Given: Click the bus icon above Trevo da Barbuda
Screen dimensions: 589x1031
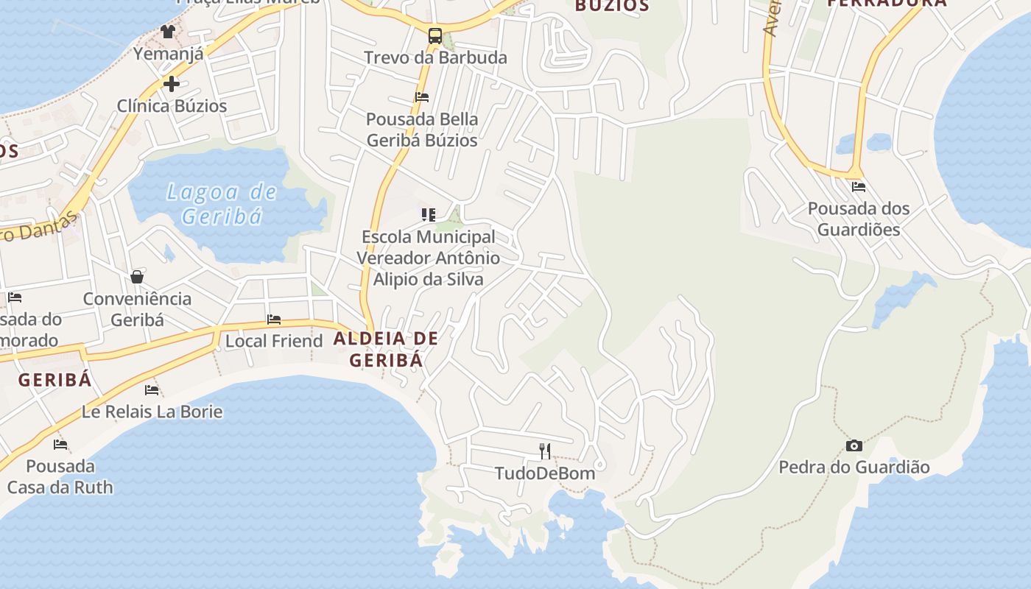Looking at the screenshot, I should coord(435,35).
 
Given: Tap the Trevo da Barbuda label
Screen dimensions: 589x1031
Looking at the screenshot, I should coord(435,57).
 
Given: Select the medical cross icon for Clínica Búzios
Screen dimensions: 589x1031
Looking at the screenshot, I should coord(172,84).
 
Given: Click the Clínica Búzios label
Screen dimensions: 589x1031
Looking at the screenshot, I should coord(172,106).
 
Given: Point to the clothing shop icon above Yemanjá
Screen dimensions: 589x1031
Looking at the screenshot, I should coord(168,32).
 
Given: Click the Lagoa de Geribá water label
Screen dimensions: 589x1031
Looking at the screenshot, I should coord(222,204).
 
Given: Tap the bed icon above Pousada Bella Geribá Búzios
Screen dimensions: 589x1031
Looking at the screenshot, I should coord(422,96).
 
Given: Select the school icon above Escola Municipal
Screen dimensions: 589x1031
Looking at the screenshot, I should coord(429,215).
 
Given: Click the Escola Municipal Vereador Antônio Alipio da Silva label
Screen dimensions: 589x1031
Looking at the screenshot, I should coord(429,258).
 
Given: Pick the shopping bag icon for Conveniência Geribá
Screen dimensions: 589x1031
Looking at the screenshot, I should coord(137,277).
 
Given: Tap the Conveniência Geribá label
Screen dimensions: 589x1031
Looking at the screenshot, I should coord(137,309).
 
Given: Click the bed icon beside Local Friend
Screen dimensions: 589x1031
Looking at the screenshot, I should coord(274,320).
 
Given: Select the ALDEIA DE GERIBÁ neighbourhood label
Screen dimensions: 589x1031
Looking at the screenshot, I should coord(386,349).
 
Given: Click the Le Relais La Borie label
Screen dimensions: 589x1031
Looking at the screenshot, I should coord(152,412).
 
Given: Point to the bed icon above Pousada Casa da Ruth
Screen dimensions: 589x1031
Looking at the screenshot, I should coord(60,445).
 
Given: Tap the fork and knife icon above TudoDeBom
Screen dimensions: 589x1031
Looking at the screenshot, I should coord(545,451).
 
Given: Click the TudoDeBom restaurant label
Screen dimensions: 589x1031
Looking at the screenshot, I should coord(545,473).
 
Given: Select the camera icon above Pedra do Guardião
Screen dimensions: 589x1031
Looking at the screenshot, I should coord(854,445).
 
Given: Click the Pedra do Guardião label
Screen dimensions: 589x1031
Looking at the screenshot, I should coord(854,468).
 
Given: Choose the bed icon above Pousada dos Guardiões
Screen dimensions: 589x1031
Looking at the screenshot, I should coord(859,187).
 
